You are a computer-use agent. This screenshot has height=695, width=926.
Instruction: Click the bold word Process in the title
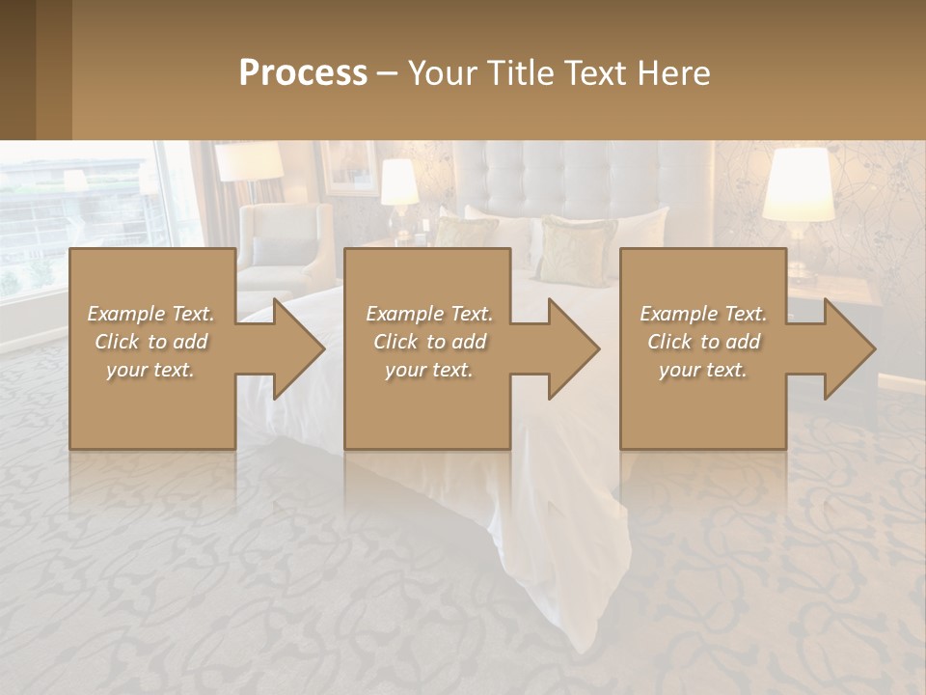(303, 73)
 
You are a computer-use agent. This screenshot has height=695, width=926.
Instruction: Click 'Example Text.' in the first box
(151, 314)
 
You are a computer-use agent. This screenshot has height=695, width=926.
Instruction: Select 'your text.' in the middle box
(428, 370)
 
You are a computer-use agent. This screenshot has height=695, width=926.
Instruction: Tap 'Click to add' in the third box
(703, 342)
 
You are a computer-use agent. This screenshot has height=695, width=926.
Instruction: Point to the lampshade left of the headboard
(399, 181)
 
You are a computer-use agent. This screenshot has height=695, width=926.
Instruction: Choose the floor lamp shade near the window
(249, 161)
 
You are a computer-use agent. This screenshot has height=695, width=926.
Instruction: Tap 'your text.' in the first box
(151, 370)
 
